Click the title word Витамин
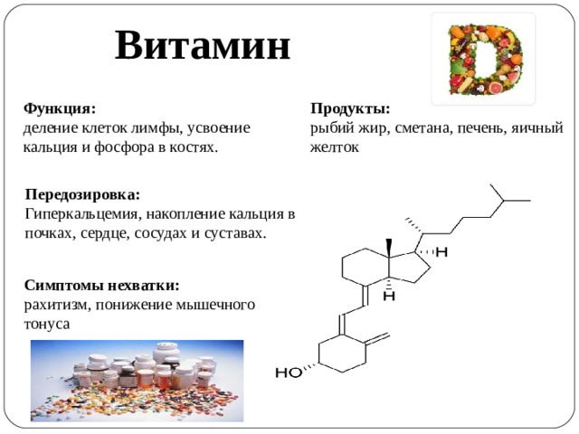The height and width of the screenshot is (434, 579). tap(203, 45)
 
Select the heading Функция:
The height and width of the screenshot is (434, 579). tap(60, 109)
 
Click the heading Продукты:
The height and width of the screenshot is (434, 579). tap(350, 109)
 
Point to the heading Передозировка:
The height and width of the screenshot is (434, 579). tap(82, 194)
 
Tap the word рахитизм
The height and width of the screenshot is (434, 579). tap(57, 306)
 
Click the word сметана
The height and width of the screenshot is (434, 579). tap(422, 128)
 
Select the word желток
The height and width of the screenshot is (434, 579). tap(335, 147)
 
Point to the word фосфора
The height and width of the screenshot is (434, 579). tap(124, 147)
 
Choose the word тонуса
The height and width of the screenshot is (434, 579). tap(47, 325)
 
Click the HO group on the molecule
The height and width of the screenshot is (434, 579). tap(289, 373)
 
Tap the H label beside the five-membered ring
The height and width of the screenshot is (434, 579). tap(441, 252)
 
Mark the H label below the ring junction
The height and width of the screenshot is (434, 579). tap(389, 296)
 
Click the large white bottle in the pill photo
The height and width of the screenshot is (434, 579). tap(166, 353)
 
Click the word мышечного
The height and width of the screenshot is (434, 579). tap(215, 306)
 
